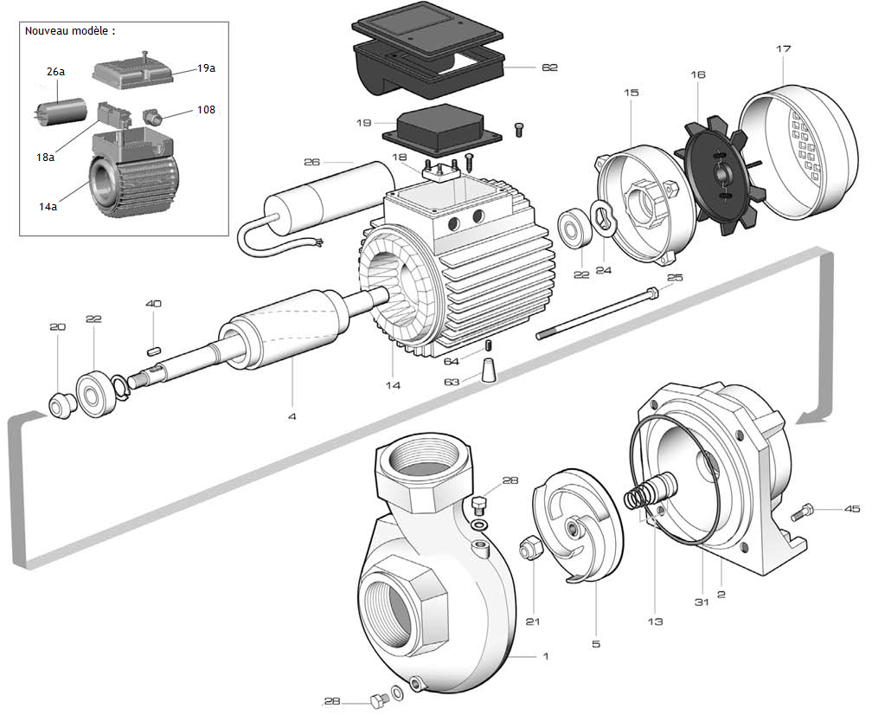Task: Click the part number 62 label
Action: pos(549,67)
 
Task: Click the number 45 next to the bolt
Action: pos(852,509)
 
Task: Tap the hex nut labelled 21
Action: pos(529,548)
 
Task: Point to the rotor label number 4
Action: pos(292,417)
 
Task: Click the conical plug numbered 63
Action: pos(490,371)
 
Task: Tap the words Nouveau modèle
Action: pos(69,30)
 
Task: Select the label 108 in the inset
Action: pos(206,110)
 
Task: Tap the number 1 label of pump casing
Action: pos(545,657)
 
